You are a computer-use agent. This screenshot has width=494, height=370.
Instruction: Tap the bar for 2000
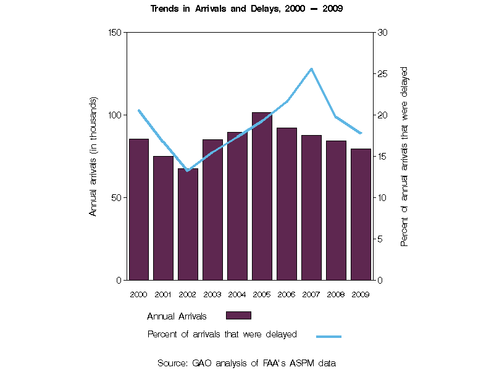point(138,209)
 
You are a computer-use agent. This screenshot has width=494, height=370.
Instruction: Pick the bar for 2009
point(361,214)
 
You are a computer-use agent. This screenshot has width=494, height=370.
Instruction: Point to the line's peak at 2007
point(312,69)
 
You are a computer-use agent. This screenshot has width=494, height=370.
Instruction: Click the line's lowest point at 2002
point(188,170)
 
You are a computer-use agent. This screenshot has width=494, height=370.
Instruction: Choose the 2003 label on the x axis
point(212,294)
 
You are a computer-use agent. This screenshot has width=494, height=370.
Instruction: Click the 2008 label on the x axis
point(336,294)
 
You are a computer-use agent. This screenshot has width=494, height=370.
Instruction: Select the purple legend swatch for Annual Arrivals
point(238,316)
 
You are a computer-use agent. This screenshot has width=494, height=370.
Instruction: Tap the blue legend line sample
point(329,337)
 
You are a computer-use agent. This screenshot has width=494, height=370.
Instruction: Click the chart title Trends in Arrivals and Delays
point(247,9)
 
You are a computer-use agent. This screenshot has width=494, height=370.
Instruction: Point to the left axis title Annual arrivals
point(94,156)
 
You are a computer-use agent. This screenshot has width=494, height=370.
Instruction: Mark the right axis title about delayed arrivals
point(404,156)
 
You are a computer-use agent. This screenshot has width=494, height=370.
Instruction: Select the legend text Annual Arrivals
point(177,316)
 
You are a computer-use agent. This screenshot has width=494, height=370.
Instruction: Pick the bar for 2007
point(311,207)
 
